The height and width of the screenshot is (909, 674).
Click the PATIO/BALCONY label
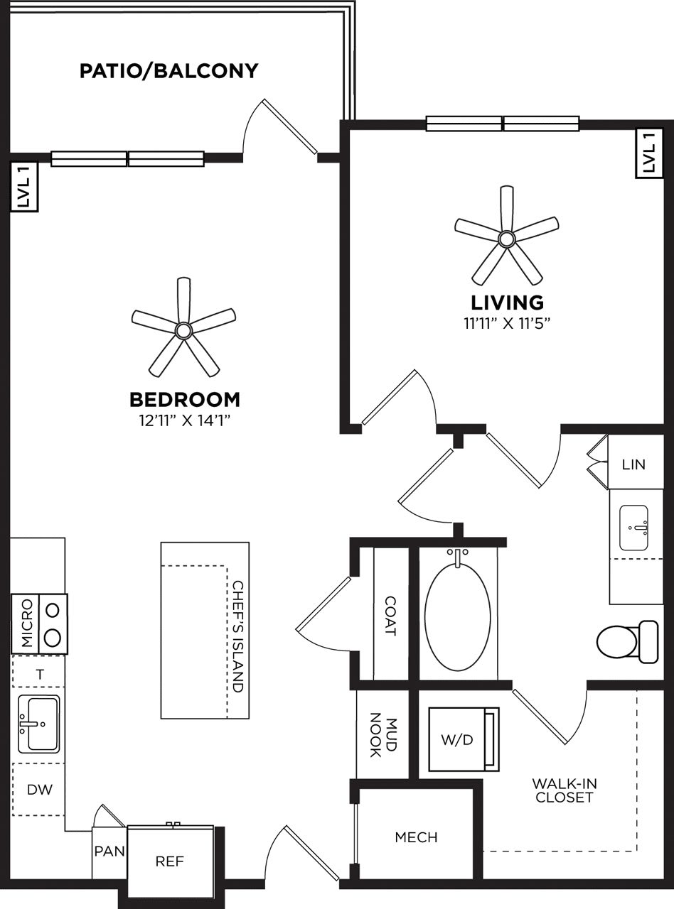168,71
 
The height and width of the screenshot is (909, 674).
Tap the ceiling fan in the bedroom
183,330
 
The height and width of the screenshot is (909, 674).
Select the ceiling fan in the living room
506,238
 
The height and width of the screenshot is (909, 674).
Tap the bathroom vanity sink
633,528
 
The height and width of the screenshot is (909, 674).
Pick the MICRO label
26,624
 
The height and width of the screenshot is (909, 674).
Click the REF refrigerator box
170,862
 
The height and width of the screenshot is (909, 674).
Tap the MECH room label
416,838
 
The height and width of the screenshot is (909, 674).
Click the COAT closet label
390,615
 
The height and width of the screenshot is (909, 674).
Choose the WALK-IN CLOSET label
565,790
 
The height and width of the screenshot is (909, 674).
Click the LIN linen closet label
633,464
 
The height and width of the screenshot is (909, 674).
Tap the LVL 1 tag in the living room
648,153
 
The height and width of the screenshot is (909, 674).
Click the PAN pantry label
109,851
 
